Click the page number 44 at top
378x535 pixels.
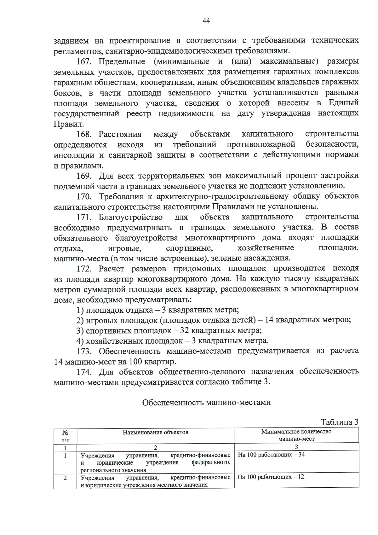pyautogui.click(x=206, y=21)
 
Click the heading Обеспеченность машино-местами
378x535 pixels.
pyautogui.click(x=206, y=403)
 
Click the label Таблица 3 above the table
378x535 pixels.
pyautogui.click(x=340, y=422)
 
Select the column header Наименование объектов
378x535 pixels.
pyautogui.click(x=155, y=432)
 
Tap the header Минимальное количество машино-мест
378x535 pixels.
pyautogui.click(x=296, y=435)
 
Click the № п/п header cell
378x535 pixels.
pyautogui.click(x=65, y=435)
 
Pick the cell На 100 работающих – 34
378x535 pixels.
pyautogui.click(x=271, y=455)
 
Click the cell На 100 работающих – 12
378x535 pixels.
pyautogui.click(x=271, y=477)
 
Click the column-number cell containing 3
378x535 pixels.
pyautogui.click(x=296, y=447)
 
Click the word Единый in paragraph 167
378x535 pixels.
pyautogui.click(x=343, y=103)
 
